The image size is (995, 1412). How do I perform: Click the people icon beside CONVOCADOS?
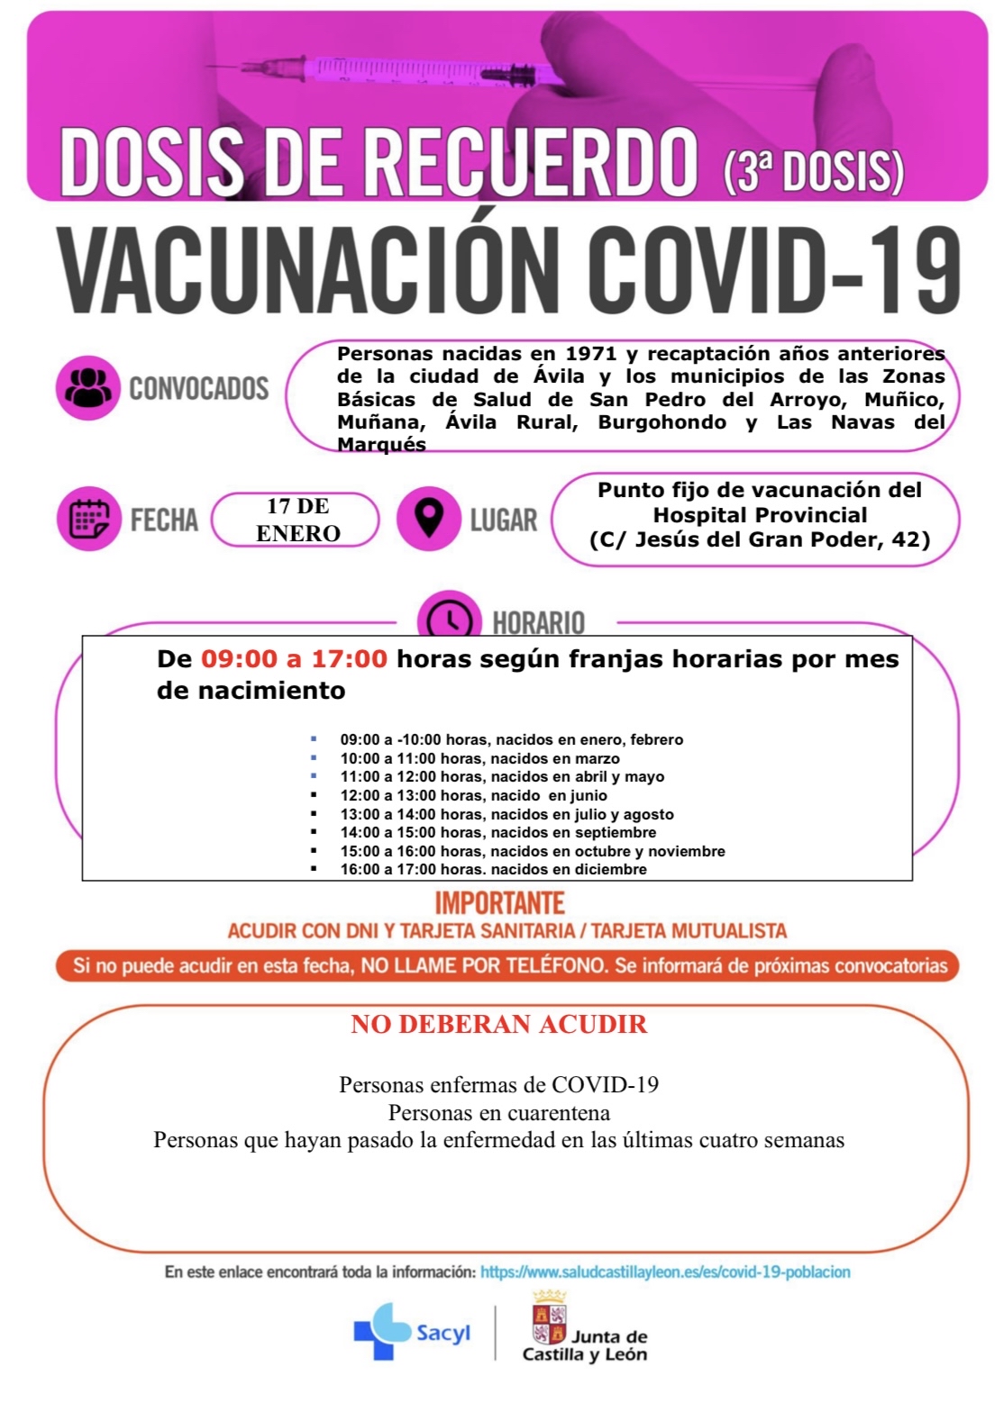coord(87,388)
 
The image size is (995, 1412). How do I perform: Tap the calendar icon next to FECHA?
coord(88,519)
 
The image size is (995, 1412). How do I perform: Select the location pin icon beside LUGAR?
coord(428,519)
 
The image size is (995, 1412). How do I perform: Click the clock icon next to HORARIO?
coord(449,620)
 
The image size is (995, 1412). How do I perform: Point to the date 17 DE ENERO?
coord(297,520)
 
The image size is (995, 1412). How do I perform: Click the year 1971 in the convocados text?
coord(590,354)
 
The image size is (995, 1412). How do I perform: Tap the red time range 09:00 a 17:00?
coord(294,659)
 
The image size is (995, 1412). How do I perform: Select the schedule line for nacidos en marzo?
coord(479,758)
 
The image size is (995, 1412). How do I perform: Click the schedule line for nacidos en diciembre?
coord(493,869)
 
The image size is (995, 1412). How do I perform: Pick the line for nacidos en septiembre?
coord(497,832)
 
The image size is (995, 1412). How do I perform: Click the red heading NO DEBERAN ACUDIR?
coord(498,1024)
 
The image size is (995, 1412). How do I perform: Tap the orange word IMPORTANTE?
coord(499,902)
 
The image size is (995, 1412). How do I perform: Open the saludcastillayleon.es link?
coord(665,1272)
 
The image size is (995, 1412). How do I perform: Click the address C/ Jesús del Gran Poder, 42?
coord(760,539)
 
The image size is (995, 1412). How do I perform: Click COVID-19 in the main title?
coord(774,269)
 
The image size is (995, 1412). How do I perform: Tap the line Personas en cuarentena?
coord(498,1112)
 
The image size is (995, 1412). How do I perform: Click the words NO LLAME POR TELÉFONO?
coord(484,965)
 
